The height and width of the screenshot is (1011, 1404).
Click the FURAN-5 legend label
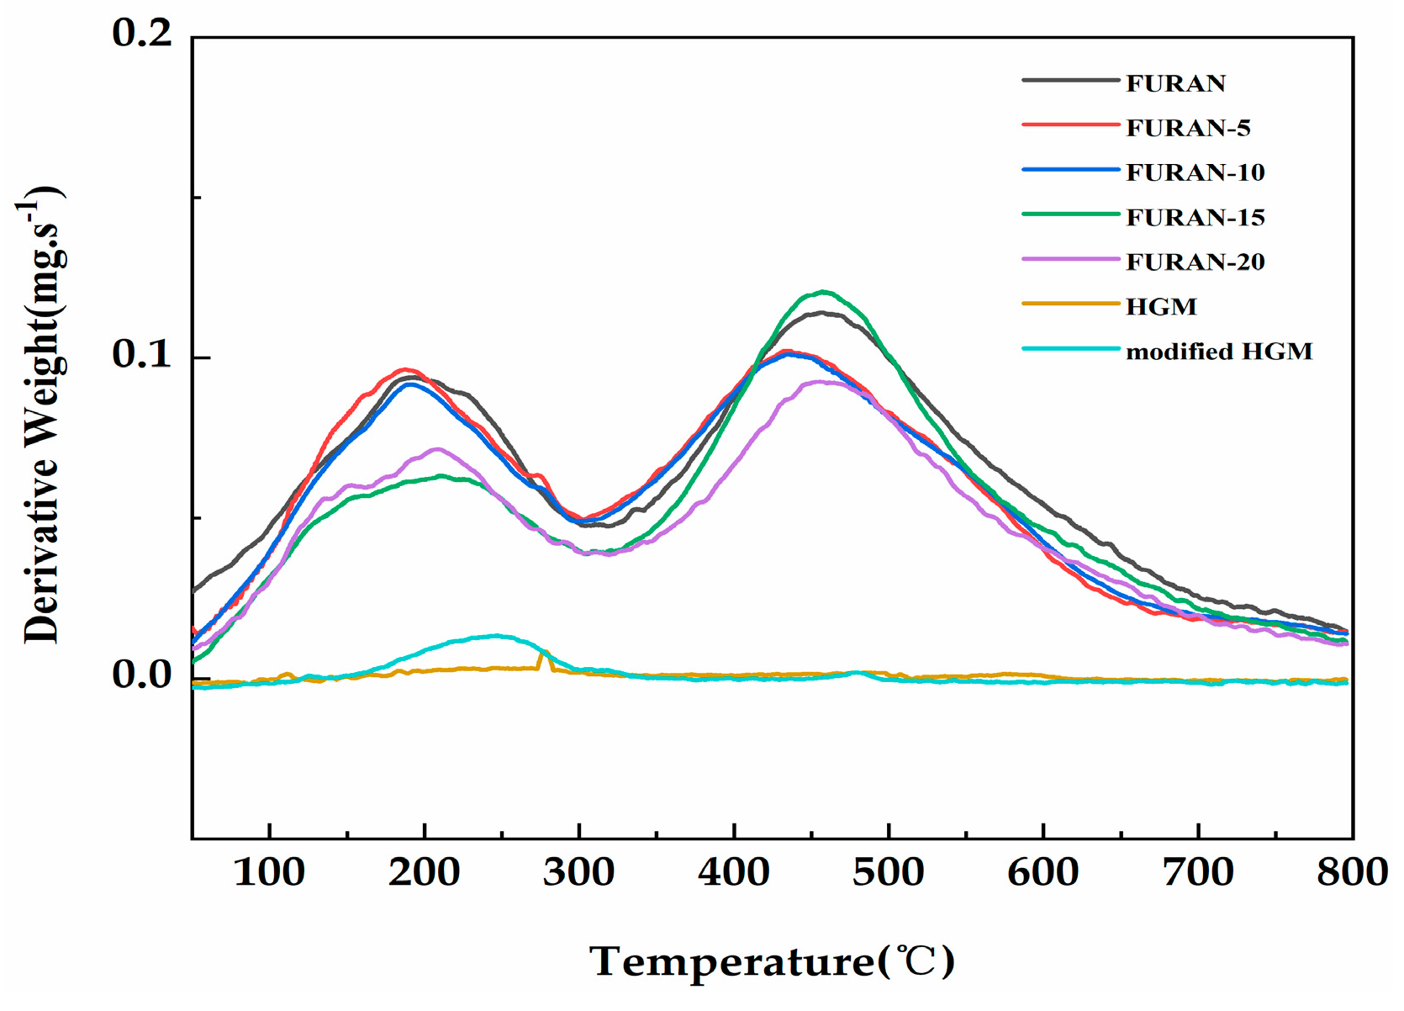(1187, 128)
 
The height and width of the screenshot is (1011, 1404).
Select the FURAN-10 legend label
(1195, 172)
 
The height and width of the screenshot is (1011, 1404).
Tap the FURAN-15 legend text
(1195, 218)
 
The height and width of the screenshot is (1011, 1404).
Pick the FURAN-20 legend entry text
(1195, 262)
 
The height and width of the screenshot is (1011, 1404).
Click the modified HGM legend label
(1218, 352)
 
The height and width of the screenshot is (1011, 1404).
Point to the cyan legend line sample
(1071, 349)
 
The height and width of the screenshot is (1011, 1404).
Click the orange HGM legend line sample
(1071, 304)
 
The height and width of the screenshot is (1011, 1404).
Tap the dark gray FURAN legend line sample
(1071, 81)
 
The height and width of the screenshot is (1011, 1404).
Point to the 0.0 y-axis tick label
(141, 675)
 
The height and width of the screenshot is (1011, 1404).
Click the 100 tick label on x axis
(269, 872)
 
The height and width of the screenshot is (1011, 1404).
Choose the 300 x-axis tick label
(578, 872)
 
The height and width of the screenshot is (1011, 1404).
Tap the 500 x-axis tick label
(889, 872)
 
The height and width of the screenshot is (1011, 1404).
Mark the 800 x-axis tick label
(1351, 872)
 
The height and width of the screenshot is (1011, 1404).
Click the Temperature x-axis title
(772, 961)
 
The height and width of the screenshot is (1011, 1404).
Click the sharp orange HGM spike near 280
(544, 652)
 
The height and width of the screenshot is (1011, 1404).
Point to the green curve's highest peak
(823, 292)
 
